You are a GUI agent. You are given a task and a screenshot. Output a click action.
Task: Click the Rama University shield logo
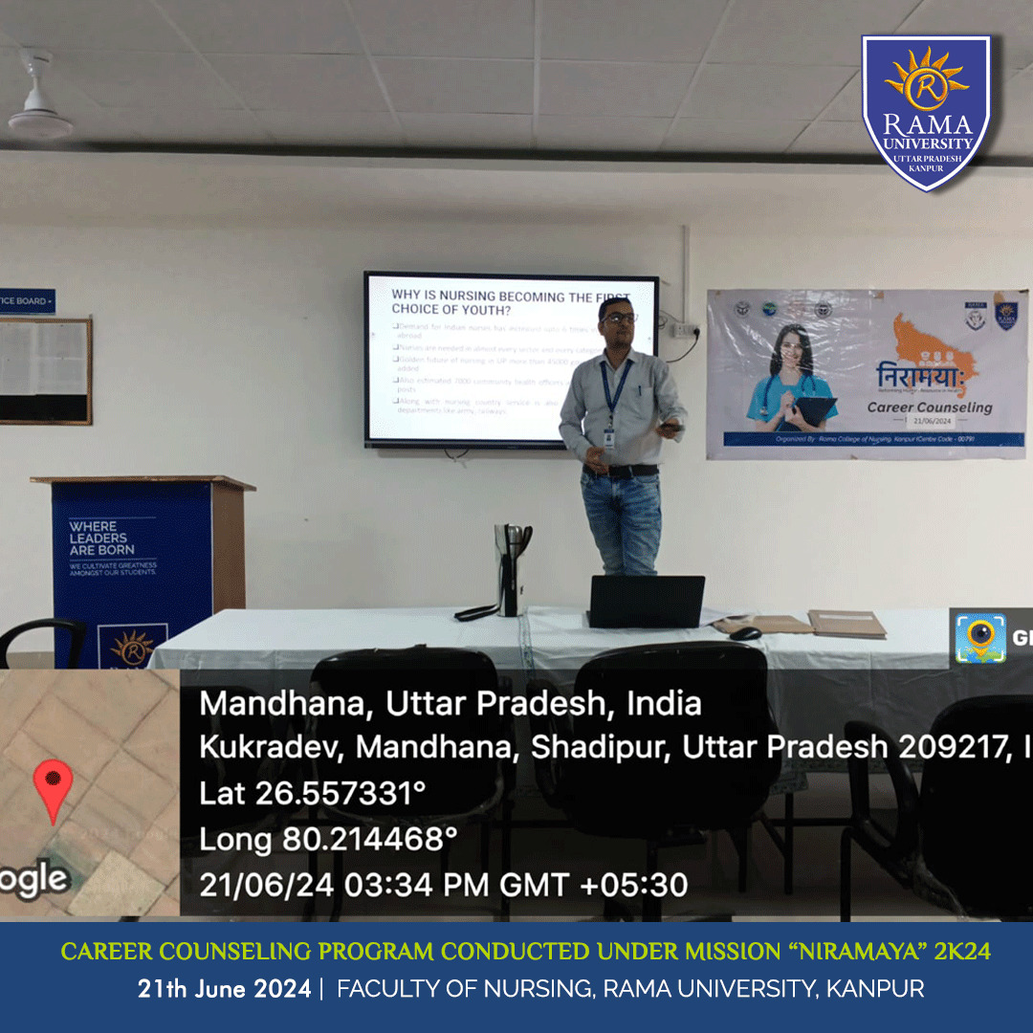(926, 112)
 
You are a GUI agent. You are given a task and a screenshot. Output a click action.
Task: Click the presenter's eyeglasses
(619, 319)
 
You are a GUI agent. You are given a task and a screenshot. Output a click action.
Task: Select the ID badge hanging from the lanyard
(608, 437)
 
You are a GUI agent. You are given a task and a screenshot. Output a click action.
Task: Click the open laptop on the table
(646, 602)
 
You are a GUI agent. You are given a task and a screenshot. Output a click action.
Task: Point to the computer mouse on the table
(744, 632)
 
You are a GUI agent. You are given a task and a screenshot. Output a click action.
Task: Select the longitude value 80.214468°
(368, 840)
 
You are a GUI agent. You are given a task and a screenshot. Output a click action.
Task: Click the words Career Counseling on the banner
(929, 407)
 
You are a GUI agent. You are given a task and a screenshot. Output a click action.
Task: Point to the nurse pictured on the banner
(790, 378)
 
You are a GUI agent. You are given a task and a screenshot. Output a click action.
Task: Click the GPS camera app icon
(980, 638)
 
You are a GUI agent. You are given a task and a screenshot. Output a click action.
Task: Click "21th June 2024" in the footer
(224, 989)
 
